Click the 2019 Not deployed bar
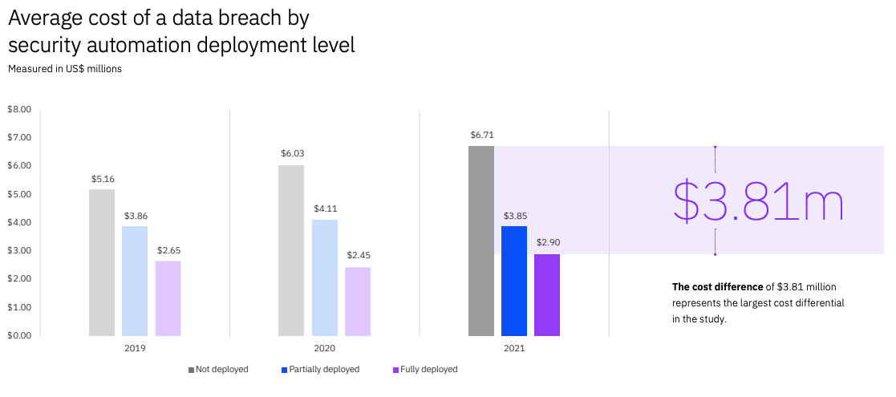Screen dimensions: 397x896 click(102, 262)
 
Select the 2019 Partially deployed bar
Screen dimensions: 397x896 click(135, 281)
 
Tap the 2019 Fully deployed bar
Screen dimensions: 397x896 click(168, 298)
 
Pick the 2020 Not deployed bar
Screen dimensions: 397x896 click(291, 250)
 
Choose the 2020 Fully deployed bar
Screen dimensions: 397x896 click(358, 301)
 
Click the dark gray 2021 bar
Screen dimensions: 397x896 click(481, 241)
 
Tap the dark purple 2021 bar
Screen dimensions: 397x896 click(547, 294)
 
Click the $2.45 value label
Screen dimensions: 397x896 click(359, 255)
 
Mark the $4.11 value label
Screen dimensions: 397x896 click(325, 209)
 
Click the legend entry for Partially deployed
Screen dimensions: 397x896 click(320, 370)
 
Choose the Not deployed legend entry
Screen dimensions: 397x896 click(218, 370)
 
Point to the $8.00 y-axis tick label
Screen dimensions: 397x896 click(18, 109)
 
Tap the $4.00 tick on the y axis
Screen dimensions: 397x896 click(18, 222)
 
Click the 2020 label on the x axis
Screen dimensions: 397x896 click(325, 349)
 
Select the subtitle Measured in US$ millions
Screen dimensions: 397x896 click(65, 69)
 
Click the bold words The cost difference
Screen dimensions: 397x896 click(716, 287)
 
